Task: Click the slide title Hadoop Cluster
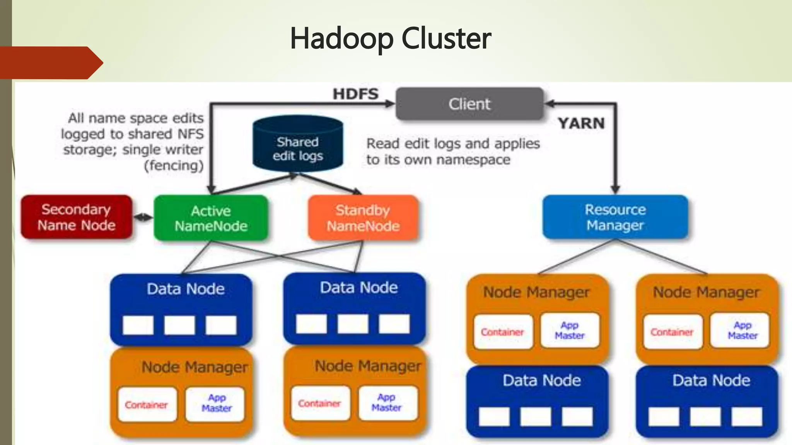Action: [x=391, y=39]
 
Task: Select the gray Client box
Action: [x=469, y=104]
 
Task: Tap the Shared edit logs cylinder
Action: [x=298, y=143]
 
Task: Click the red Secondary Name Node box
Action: [x=77, y=217]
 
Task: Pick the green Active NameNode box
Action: [x=211, y=218]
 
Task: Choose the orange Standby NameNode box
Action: [x=363, y=218]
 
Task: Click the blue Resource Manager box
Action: [x=615, y=217]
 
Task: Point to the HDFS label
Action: [x=356, y=94]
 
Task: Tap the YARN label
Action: [x=581, y=123]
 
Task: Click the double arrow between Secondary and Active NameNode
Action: [x=143, y=217]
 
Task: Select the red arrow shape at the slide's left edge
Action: [x=51, y=63]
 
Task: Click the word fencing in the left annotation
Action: [x=174, y=166]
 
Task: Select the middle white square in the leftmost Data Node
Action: [x=179, y=325]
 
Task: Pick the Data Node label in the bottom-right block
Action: [x=711, y=380]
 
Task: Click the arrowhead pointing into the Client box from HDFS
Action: [x=390, y=104]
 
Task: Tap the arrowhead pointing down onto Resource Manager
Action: [x=615, y=189]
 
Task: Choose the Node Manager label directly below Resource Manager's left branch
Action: [x=536, y=292]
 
